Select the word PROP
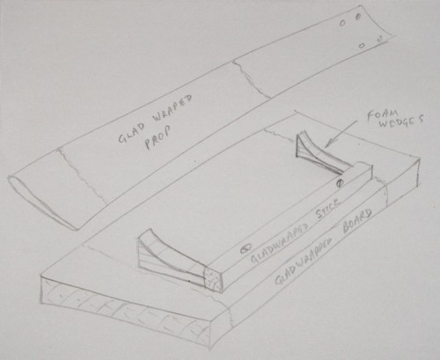point(158,138)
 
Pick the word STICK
point(328,209)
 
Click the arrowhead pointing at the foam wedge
point(329,143)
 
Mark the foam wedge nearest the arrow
point(319,153)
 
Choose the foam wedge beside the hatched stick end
point(172,254)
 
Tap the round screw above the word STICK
point(340,183)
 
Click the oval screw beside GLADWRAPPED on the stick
point(246,249)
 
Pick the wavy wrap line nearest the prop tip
point(81,175)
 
